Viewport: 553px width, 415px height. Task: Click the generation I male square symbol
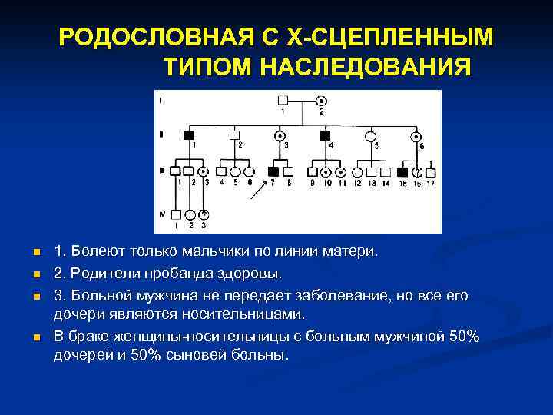pyautogui.click(x=283, y=101)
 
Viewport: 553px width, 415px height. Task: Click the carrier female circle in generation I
pyautogui.click(x=321, y=101)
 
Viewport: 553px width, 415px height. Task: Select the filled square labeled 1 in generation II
pyautogui.click(x=188, y=135)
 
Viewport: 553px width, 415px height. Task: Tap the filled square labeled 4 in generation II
pyautogui.click(x=324, y=135)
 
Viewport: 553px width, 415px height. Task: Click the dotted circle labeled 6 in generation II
pyautogui.click(x=418, y=136)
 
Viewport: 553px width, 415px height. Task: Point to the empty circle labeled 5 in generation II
pyautogui.click(x=372, y=135)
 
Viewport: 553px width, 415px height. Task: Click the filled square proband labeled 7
pyautogui.click(x=273, y=172)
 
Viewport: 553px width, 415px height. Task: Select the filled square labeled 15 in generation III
pyautogui.click(x=403, y=172)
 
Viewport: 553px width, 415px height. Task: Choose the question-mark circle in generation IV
pyautogui.click(x=204, y=214)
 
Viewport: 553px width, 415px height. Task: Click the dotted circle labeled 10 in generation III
pyautogui.click(x=326, y=172)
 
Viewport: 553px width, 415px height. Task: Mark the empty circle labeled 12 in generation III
pyautogui.click(x=358, y=172)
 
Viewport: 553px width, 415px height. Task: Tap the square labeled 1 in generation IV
pyautogui.click(x=176, y=214)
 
